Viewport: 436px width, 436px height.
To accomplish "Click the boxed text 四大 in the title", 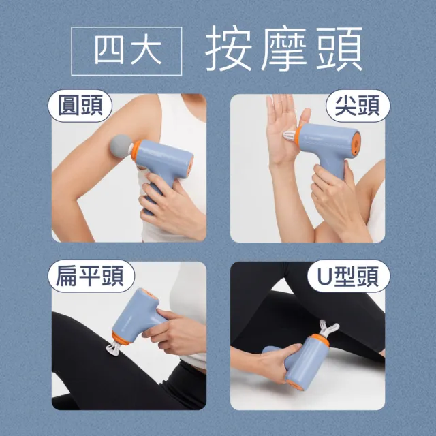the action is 127,51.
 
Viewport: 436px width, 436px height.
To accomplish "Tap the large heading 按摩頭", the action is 283,49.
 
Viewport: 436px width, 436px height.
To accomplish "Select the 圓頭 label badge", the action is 80,106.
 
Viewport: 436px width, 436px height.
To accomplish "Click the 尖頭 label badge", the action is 358,106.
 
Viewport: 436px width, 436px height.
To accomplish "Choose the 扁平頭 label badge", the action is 91,276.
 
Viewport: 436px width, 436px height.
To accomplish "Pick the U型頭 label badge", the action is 349,276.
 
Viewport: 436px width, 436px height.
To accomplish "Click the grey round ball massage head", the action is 121,146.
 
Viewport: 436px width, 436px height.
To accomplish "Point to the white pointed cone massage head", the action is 290,135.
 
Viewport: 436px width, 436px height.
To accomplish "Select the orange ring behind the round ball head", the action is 136,151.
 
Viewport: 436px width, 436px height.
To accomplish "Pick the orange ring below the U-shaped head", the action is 320,340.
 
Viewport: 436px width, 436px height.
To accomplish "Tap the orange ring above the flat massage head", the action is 120,339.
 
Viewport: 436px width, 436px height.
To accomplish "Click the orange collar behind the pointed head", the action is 298,136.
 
